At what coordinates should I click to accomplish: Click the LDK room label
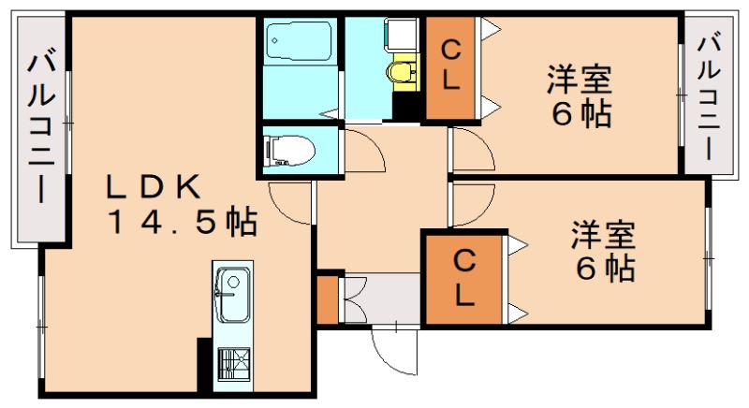[152, 187]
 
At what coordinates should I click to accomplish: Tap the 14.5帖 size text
[183, 223]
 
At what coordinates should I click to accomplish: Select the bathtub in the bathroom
[296, 42]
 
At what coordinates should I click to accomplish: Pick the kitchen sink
[231, 284]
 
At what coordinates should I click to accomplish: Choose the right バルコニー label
[709, 94]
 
